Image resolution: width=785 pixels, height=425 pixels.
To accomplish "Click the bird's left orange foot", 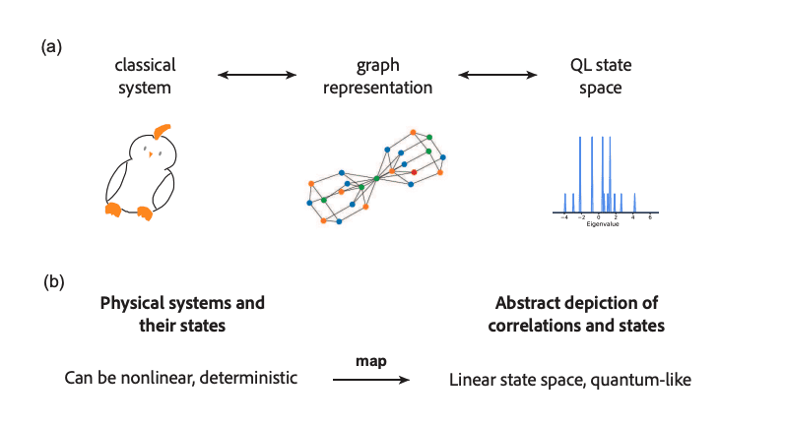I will [x=113, y=208].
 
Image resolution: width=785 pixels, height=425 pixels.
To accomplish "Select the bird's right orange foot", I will [x=145, y=212].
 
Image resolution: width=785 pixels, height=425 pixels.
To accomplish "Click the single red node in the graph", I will [x=414, y=172].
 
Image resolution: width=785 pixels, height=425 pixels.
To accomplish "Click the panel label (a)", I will [x=52, y=46].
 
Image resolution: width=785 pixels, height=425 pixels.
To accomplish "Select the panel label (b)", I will [x=54, y=281].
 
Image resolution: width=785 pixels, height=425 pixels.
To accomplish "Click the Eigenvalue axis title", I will [x=602, y=224].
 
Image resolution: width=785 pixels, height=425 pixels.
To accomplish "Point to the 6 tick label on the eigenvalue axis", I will [x=650, y=217].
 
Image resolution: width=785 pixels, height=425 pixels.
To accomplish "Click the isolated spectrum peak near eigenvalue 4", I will [x=634, y=203].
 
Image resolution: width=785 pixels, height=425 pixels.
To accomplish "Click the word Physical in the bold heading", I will [x=133, y=302].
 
